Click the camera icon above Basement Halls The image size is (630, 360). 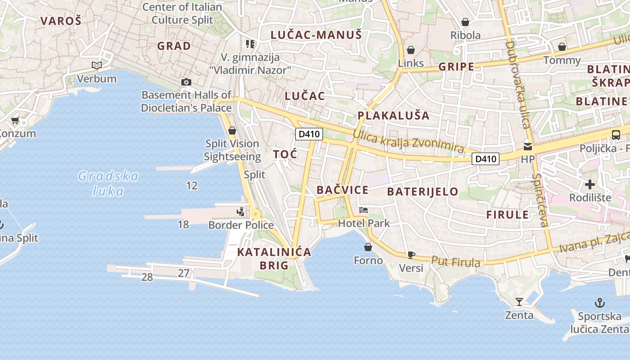point(186,82)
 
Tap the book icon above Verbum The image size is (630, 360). point(96,66)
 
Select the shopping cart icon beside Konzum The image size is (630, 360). point(15,120)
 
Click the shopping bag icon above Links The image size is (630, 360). point(410,50)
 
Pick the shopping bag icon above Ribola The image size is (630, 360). point(465,22)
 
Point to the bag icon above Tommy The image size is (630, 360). point(562,47)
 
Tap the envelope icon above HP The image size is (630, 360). point(527,146)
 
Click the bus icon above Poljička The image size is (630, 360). point(616,135)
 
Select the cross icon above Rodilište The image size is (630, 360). point(589,184)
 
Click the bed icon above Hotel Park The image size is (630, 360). point(363,210)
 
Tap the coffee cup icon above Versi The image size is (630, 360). point(411,255)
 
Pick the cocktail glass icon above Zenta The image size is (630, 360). point(519,301)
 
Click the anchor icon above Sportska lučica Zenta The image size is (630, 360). point(599,302)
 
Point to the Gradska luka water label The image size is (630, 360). point(108,183)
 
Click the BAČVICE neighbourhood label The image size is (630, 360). point(342,190)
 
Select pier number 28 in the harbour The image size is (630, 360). point(147,277)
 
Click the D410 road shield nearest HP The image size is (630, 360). point(486,158)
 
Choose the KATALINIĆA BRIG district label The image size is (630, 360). point(274,258)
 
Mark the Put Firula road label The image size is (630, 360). point(455,261)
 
